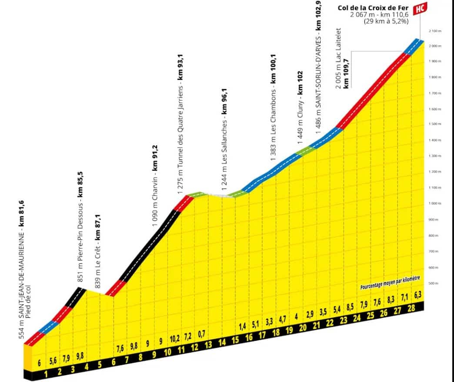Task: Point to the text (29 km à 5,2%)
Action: coord(385,21)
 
